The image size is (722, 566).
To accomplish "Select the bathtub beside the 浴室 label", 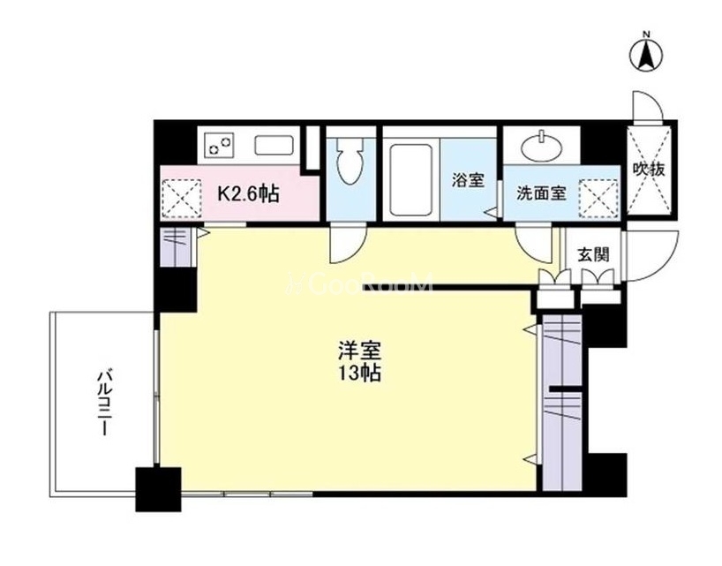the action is [x=410, y=180].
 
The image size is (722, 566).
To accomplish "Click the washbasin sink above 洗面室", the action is [x=542, y=147].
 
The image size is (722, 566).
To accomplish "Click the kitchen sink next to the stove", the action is [x=275, y=146].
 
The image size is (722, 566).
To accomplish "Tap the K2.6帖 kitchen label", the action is [x=248, y=193].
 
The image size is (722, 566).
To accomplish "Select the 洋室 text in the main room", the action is [x=359, y=351].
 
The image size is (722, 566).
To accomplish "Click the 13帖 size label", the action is [x=359, y=373].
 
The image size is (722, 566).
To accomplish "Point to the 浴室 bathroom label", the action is [x=469, y=180].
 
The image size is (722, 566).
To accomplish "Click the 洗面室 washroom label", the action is [x=541, y=193].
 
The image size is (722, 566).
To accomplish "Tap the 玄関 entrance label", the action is [x=594, y=254].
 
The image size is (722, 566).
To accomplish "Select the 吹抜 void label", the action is [x=649, y=169].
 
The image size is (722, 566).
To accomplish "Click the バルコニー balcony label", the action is [x=104, y=401].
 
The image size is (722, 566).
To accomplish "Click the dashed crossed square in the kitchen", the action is [x=183, y=198].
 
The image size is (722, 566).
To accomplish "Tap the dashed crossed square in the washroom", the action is [x=598, y=199].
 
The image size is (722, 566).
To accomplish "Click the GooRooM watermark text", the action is [x=359, y=283].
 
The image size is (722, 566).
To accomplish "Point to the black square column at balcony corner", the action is [x=158, y=489].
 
